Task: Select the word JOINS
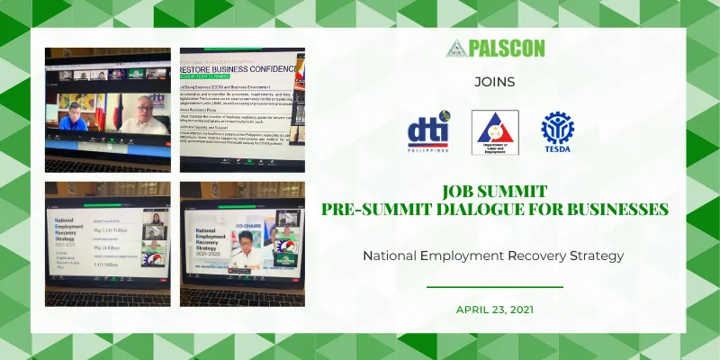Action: pos(494,82)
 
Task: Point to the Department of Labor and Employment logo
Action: pos(495,132)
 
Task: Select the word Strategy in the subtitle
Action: pos(597,256)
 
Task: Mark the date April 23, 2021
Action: pos(494,310)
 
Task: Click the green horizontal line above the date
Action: pos(494,287)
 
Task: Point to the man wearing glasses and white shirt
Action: pos(145,116)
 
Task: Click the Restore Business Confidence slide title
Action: pos(241,66)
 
